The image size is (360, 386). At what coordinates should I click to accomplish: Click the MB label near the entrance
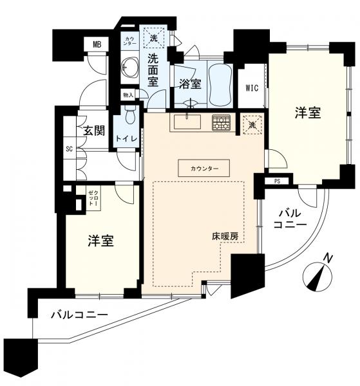97,44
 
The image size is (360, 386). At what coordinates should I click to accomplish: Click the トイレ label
127,138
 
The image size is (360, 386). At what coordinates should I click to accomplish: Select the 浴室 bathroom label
190,84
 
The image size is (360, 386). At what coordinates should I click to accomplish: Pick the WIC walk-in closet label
252,88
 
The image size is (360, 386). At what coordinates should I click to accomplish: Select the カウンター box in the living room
204,169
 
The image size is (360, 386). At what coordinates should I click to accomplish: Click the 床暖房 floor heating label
227,236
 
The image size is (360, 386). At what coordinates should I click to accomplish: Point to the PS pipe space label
277,181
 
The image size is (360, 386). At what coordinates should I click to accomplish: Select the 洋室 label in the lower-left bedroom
101,241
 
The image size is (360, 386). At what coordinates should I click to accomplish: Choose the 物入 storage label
128,95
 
